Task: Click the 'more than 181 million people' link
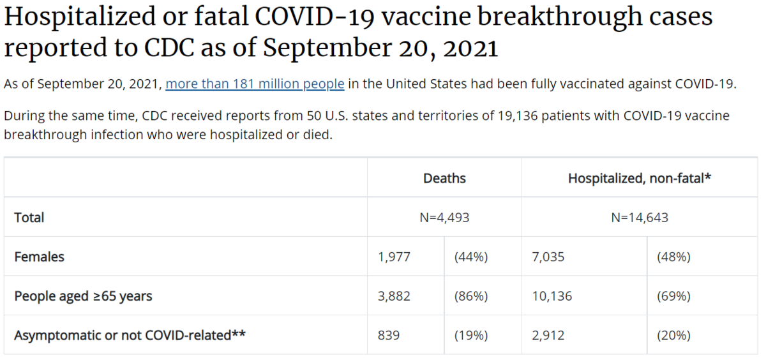(x=255, y=84)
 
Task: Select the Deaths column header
(x=444, y=178)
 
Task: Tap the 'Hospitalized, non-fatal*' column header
(x=640, y=178)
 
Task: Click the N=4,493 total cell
(x=444, y=218)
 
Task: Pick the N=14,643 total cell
(x=640, y=218)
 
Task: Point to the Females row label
(x=40, y=257)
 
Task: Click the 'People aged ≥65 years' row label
(x=83, y=296)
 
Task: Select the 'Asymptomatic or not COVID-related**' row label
(x=130, y=335)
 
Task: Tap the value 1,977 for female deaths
(x=394, y=257)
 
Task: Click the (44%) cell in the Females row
(x=471, y=257)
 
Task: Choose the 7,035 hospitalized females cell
(x=548, y=257)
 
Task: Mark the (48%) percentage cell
(x=673, y=257)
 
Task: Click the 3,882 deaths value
(x=394, y=296)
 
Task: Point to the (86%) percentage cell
(x=471, y=296)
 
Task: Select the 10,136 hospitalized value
(x=552, y=296)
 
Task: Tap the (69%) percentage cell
(x=673, y=296)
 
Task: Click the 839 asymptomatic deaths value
(x=389, y=335)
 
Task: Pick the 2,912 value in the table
(x=548, y=335)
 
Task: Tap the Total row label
(x=29, y=218)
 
